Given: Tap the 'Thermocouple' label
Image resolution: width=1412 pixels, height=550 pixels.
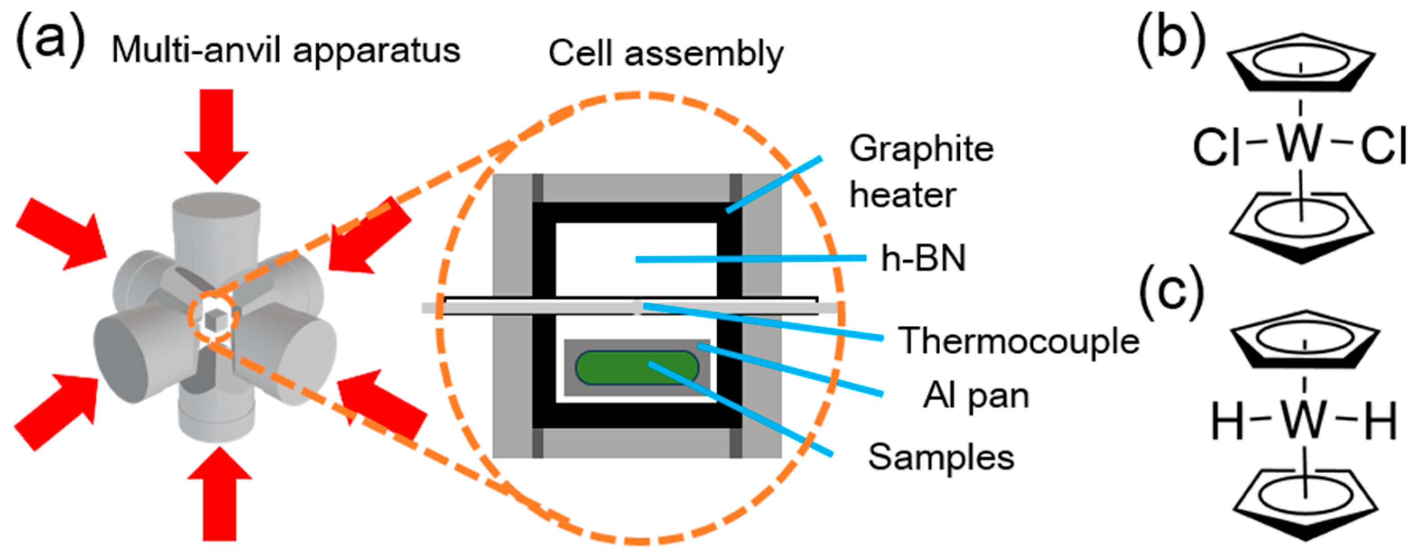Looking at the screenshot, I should [1018, 341].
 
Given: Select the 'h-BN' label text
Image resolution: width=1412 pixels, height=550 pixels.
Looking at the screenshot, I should [923, 258].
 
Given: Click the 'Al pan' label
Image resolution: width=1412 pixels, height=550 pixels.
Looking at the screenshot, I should [975, 396].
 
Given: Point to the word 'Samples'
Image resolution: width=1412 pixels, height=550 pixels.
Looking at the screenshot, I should [941, 457].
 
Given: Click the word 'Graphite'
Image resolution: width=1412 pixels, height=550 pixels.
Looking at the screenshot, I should [921, 148].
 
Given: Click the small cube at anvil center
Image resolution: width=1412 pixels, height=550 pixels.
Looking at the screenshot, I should [217, 319].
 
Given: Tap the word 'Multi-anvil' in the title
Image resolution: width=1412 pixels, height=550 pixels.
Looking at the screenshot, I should [197, 51].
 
